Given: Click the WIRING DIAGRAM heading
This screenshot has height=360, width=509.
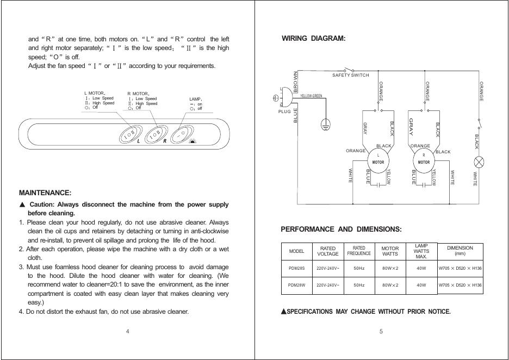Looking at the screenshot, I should [x=313, y=39].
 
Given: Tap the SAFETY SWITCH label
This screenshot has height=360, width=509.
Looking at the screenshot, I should [x=350, y=75].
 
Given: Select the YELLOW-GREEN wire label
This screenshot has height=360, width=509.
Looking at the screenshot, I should [x=311, y=96].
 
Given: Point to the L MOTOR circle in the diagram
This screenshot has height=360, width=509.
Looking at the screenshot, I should [x=378, y=158].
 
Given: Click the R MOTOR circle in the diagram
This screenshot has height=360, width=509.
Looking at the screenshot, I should [x=424, y=158].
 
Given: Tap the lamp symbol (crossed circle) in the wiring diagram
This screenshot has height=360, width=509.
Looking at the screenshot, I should [x=480, y=162].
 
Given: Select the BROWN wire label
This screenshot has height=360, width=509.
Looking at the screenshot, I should [x=296, y=82].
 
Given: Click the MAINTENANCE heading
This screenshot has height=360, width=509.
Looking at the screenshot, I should [x=45, y=193].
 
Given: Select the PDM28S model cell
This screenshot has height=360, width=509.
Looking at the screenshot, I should [x=296, y=269].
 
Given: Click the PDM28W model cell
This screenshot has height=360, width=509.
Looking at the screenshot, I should [x=296, y=284].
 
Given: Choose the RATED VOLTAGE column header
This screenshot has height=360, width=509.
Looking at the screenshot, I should [x=327, y=251].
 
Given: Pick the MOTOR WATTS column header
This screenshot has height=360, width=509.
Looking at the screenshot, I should [x=390, y=251].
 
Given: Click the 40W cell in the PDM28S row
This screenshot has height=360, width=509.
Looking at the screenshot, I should [x=421, y=269].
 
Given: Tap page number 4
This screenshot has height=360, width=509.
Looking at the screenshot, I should [x=127, y=331].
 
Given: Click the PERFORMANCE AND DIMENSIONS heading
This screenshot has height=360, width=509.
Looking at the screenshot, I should [x=341, y=229].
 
